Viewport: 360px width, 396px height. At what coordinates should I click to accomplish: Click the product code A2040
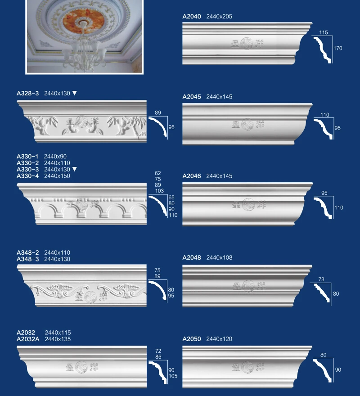(x=192, y=17)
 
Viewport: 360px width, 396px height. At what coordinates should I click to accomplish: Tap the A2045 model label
(x=192, y=97)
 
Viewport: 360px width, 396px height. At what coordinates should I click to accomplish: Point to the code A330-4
(x=27, y=176)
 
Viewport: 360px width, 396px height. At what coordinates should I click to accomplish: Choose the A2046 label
(x=192, y=176)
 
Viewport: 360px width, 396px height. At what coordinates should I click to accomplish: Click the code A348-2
(x=27, y=253)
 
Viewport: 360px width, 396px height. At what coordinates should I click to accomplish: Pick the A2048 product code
(x=192, y=258)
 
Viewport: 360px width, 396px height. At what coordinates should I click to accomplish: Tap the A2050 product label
(x=192, y=339)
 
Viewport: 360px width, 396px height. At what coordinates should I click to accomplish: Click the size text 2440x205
(x=219, y=17)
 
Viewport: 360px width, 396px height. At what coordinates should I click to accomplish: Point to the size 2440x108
(x=219, y=258)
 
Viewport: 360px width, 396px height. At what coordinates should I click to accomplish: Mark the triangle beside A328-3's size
(x=75, y=93)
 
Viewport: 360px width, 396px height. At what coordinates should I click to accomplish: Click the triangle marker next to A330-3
(x=75, y=169)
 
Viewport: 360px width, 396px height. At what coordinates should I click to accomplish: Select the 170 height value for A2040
(x=338, y=48)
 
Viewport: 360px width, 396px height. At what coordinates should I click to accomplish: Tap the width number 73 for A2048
(x=321, y=279)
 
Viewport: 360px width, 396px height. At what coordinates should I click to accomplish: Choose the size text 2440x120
(x=219, y=339)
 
